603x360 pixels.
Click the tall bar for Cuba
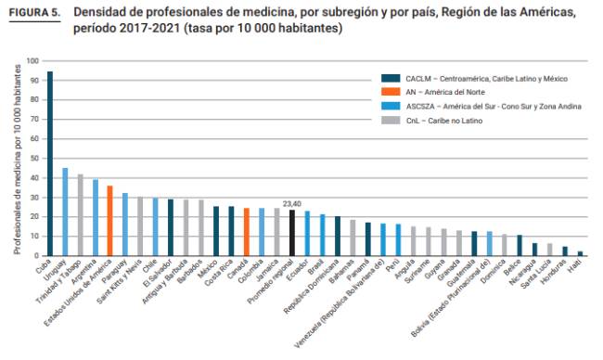50,163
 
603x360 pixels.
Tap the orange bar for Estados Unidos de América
109,220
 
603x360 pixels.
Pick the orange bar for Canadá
247,231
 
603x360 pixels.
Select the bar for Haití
581,252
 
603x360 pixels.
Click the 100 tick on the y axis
32,61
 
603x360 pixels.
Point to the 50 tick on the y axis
34,159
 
